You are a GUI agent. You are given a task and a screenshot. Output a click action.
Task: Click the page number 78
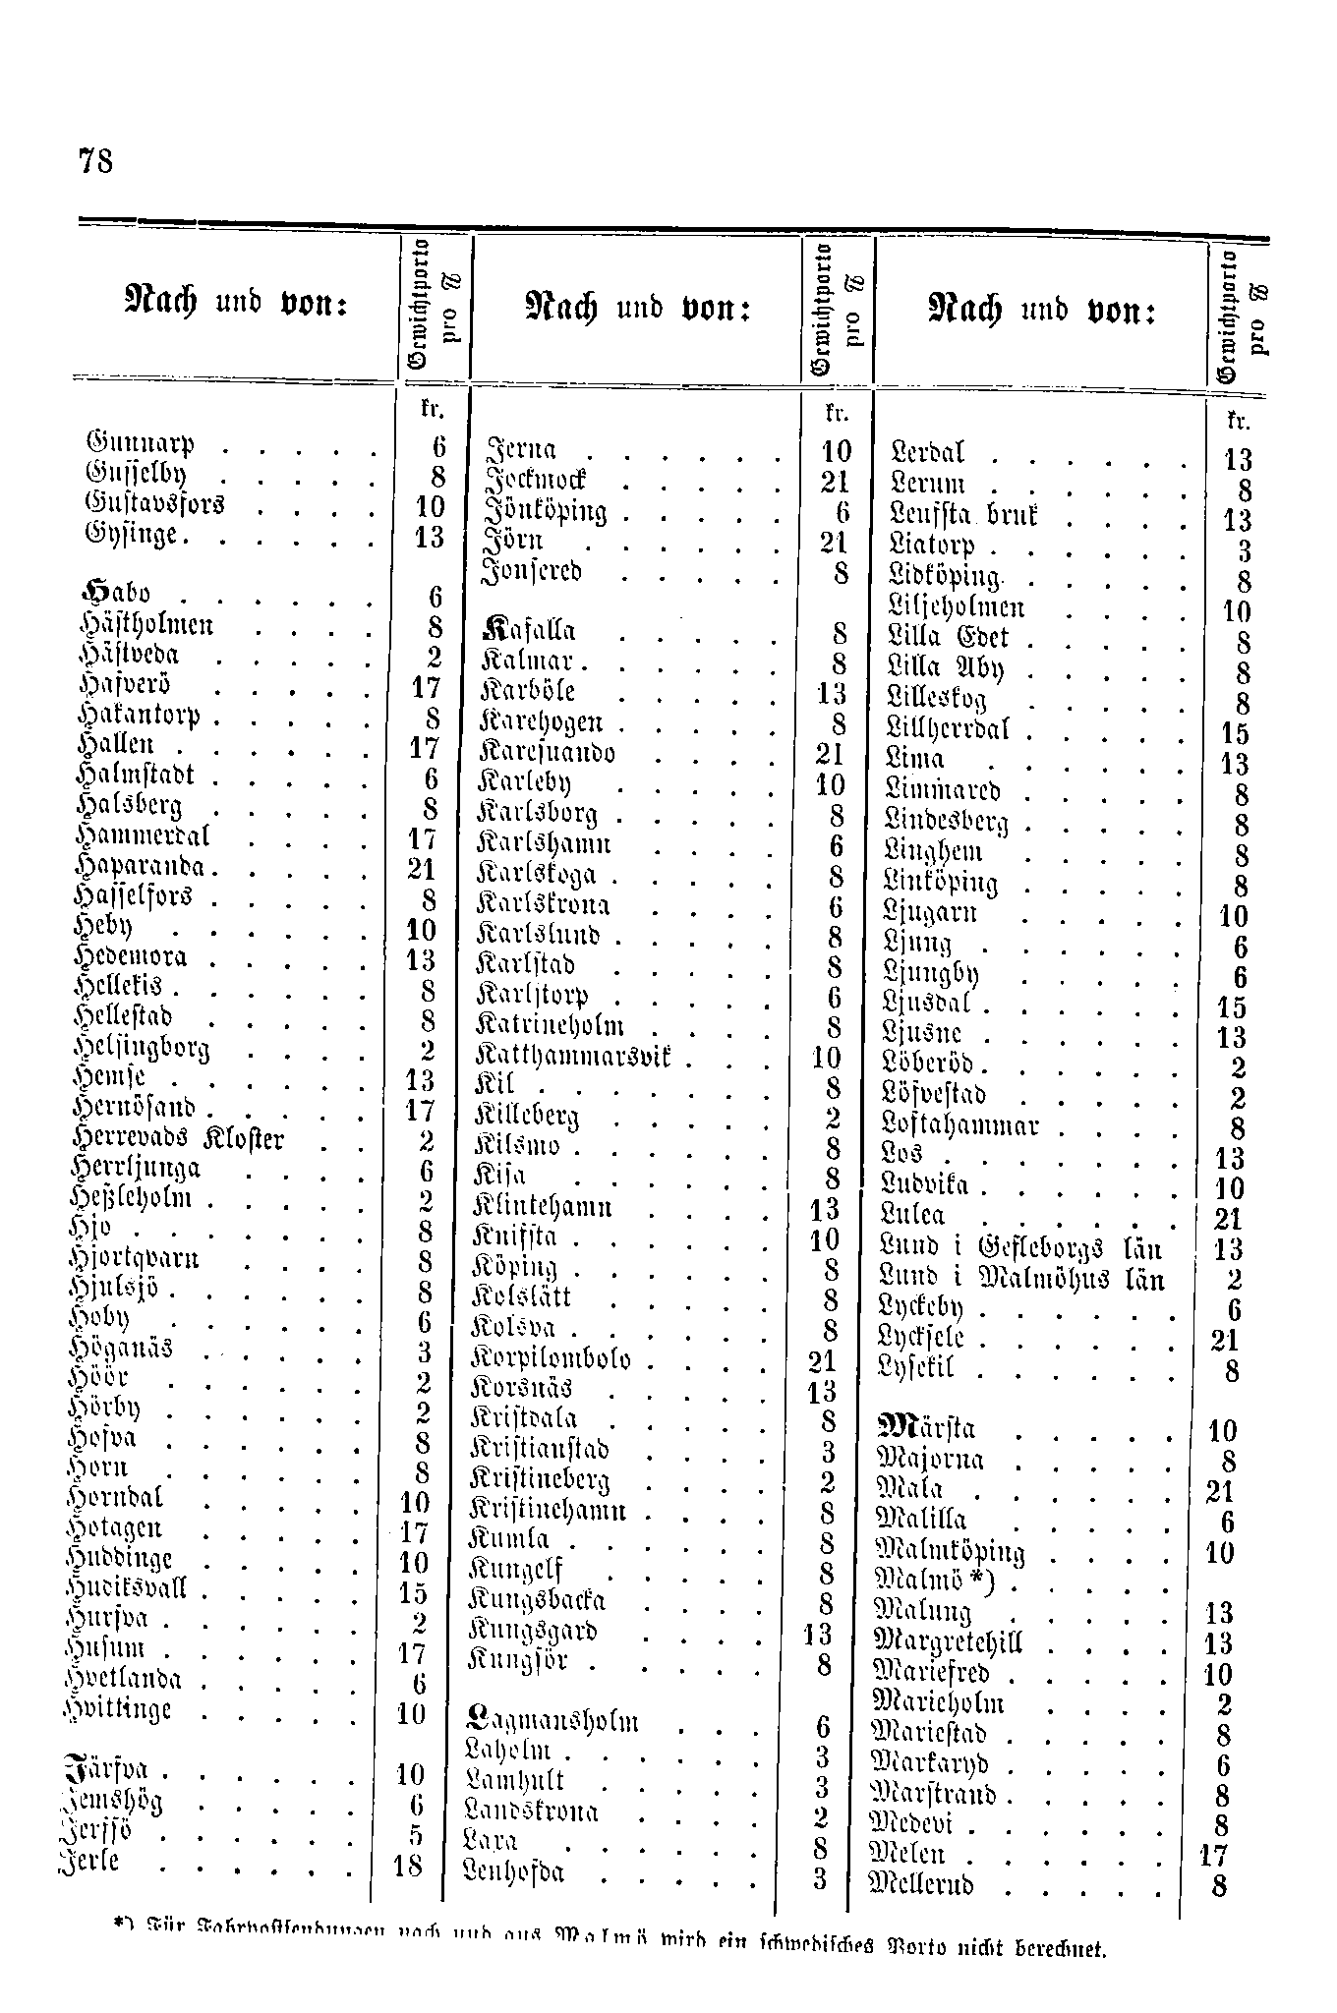pyautogui.click(x=94, y=160)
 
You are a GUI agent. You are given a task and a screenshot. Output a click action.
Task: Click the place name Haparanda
pyautogui.click(x=145, y=869)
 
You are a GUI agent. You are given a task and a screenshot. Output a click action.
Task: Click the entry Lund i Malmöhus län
pyautogui.click(x=1023, y=1280)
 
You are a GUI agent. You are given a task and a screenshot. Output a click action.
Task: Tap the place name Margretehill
pyautogui.click(x=949, y=1642)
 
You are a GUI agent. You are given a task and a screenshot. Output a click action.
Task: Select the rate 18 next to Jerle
pyautogui.click(x=408, y=1866)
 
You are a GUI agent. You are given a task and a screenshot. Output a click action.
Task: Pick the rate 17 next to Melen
pyautogui.click(x=1215, y=1856)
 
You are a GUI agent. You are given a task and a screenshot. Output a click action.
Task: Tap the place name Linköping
pyautogui.click(x=942, y=884)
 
